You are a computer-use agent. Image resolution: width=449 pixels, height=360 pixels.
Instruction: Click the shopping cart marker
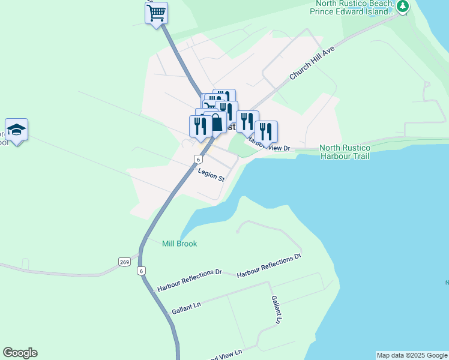pyautogui.click(x=156, y=13)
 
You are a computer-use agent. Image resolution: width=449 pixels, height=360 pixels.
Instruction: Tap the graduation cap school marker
pyautogui.click(x=17, y=130)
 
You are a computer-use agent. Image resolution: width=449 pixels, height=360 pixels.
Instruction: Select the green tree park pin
pyautogui.click(x=403, y=7)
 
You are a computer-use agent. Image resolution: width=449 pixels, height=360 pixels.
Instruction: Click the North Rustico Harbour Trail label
pyautogui.click(x=345, y=152)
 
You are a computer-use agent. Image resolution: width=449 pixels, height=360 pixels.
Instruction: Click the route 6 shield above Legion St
pyautogui.click(x=197, y=159)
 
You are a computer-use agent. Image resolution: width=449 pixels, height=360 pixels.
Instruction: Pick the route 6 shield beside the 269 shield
pyautogui.click(x=142, y=271)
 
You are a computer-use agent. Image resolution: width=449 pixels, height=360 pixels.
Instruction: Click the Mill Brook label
pyautogui.click(x=179, y=244)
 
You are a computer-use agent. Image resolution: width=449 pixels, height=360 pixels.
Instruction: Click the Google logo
pyautogui.click(x=20, y=353)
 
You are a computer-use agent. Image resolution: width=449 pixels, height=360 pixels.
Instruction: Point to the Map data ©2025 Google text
pyautogui.click(x=412, y=355)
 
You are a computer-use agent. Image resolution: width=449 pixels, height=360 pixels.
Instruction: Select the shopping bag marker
pyautogui.click(x=215, y=123)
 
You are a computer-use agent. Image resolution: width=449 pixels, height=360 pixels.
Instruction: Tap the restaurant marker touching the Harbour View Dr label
pyautogui.click(x=266, y=131)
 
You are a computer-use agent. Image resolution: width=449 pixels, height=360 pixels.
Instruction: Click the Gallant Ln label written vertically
pyautogui.click(x=276, y=310)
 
